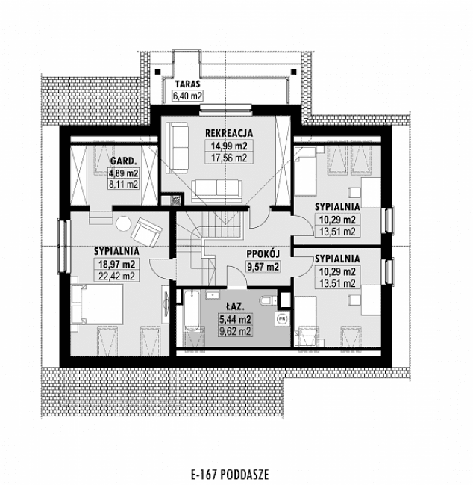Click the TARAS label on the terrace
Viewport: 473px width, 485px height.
[x=188, y=84]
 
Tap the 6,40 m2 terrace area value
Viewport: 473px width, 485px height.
[x=188, y=96]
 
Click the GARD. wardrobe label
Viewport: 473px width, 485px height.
[x=122, y=161]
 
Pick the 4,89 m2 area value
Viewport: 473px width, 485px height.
[x=122, y=172]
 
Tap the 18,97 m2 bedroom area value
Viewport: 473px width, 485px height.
[x=114, y=264]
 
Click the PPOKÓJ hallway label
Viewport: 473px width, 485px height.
[x=262, y=253]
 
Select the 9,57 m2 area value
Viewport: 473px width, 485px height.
[x=262, y=265]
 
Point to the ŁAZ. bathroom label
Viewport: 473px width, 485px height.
[x=235, y=307]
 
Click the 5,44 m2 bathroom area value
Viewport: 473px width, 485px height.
[x=235, y=319]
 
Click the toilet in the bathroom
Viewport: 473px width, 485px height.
[x=267, y=300]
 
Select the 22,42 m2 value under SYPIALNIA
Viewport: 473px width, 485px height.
[x=114, y=275]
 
